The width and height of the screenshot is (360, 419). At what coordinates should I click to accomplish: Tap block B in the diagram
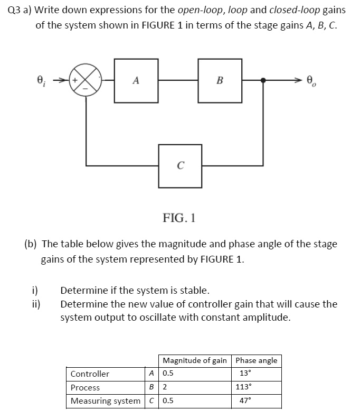220,81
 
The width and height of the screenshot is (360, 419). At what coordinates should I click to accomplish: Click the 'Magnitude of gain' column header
195,360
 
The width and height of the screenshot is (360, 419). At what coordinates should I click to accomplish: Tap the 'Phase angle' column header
256,360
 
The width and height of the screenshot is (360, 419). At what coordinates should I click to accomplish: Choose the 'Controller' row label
90,374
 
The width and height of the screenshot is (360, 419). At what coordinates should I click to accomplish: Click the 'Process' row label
85,387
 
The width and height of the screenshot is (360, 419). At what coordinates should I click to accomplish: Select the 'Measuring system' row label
106,401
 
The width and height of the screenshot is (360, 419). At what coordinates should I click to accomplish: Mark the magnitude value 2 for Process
165,387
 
